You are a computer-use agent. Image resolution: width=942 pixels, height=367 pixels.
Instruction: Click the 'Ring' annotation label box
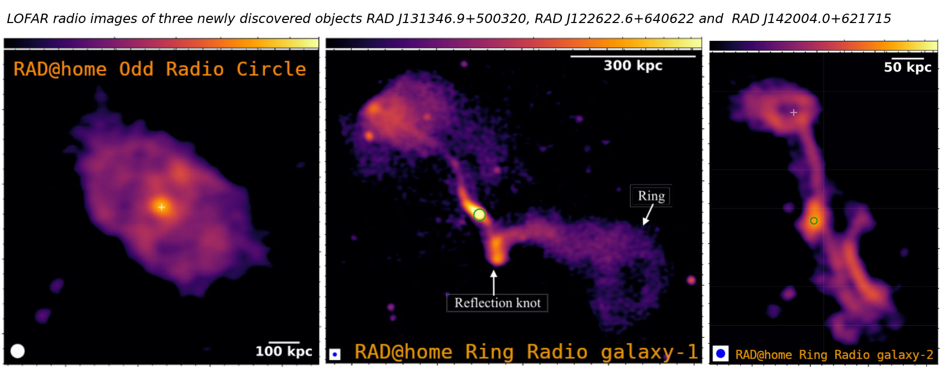point(651,196)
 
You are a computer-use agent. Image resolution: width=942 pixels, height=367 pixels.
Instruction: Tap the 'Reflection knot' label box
point(497,303)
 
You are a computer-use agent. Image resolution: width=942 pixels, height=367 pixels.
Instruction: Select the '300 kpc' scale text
point(633,65)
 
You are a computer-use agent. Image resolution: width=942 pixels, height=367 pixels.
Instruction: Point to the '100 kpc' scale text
point(284,351)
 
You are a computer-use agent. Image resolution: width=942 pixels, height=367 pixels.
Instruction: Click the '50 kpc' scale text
point(907,67)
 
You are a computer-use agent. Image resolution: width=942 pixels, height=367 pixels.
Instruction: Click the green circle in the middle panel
point(479,215)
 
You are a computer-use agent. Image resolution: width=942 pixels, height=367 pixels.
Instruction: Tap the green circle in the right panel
point(814,221)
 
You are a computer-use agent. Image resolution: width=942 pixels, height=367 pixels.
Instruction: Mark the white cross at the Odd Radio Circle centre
point(161,207)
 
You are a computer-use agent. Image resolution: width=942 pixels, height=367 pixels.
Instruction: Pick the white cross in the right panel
point(794,113)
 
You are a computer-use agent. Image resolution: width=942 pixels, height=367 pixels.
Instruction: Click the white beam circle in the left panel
point(18,351)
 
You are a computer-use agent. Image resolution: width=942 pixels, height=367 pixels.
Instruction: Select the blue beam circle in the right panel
point(721,353)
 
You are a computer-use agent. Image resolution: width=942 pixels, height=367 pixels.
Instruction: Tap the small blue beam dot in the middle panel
point(334,355)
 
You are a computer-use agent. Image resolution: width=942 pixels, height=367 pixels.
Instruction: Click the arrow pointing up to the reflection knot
point(493,282)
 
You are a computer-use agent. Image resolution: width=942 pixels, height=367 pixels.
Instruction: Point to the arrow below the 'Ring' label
point(648,215)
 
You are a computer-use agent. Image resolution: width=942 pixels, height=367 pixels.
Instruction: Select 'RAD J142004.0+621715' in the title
point(811,19)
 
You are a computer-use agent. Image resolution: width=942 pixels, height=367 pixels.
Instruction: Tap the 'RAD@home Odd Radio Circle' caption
point(160,69)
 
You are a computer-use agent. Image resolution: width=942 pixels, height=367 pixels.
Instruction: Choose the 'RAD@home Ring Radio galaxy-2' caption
point(834,355)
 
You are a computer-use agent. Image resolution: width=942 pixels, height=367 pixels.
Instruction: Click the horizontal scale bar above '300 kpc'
point(633,56)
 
